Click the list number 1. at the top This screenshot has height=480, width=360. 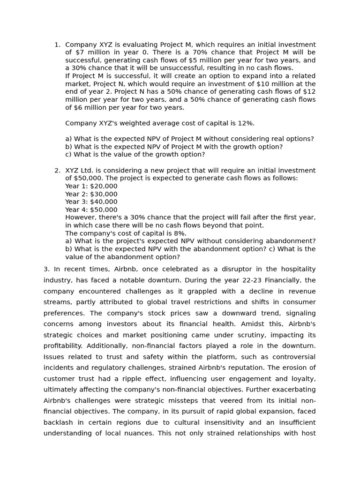(57, 45)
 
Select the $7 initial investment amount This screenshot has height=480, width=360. (79, 52)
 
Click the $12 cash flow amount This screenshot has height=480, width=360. (309, 92)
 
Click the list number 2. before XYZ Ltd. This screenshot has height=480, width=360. (57, 171)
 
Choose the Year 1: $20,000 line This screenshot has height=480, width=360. (91, 186)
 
